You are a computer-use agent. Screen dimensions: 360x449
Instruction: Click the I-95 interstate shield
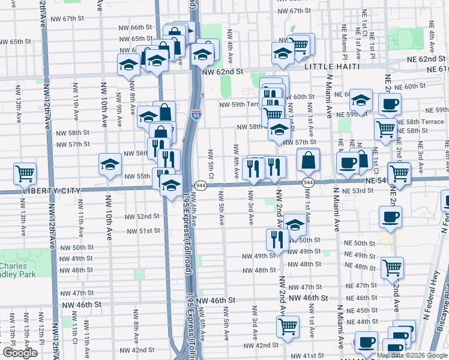tap(196, 113)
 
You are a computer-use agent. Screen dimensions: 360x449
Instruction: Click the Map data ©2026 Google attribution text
tap(411, 355)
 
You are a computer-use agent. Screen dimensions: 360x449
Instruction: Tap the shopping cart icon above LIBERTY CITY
tap(25, 174)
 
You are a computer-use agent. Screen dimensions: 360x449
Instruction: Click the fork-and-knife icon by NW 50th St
tap(277, 239)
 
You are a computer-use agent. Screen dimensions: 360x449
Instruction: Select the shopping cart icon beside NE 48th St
tap(392, 267)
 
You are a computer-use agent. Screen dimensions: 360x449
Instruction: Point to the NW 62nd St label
tap(222, 71)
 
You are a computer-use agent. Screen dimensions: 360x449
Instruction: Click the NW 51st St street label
tap(142, 230)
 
